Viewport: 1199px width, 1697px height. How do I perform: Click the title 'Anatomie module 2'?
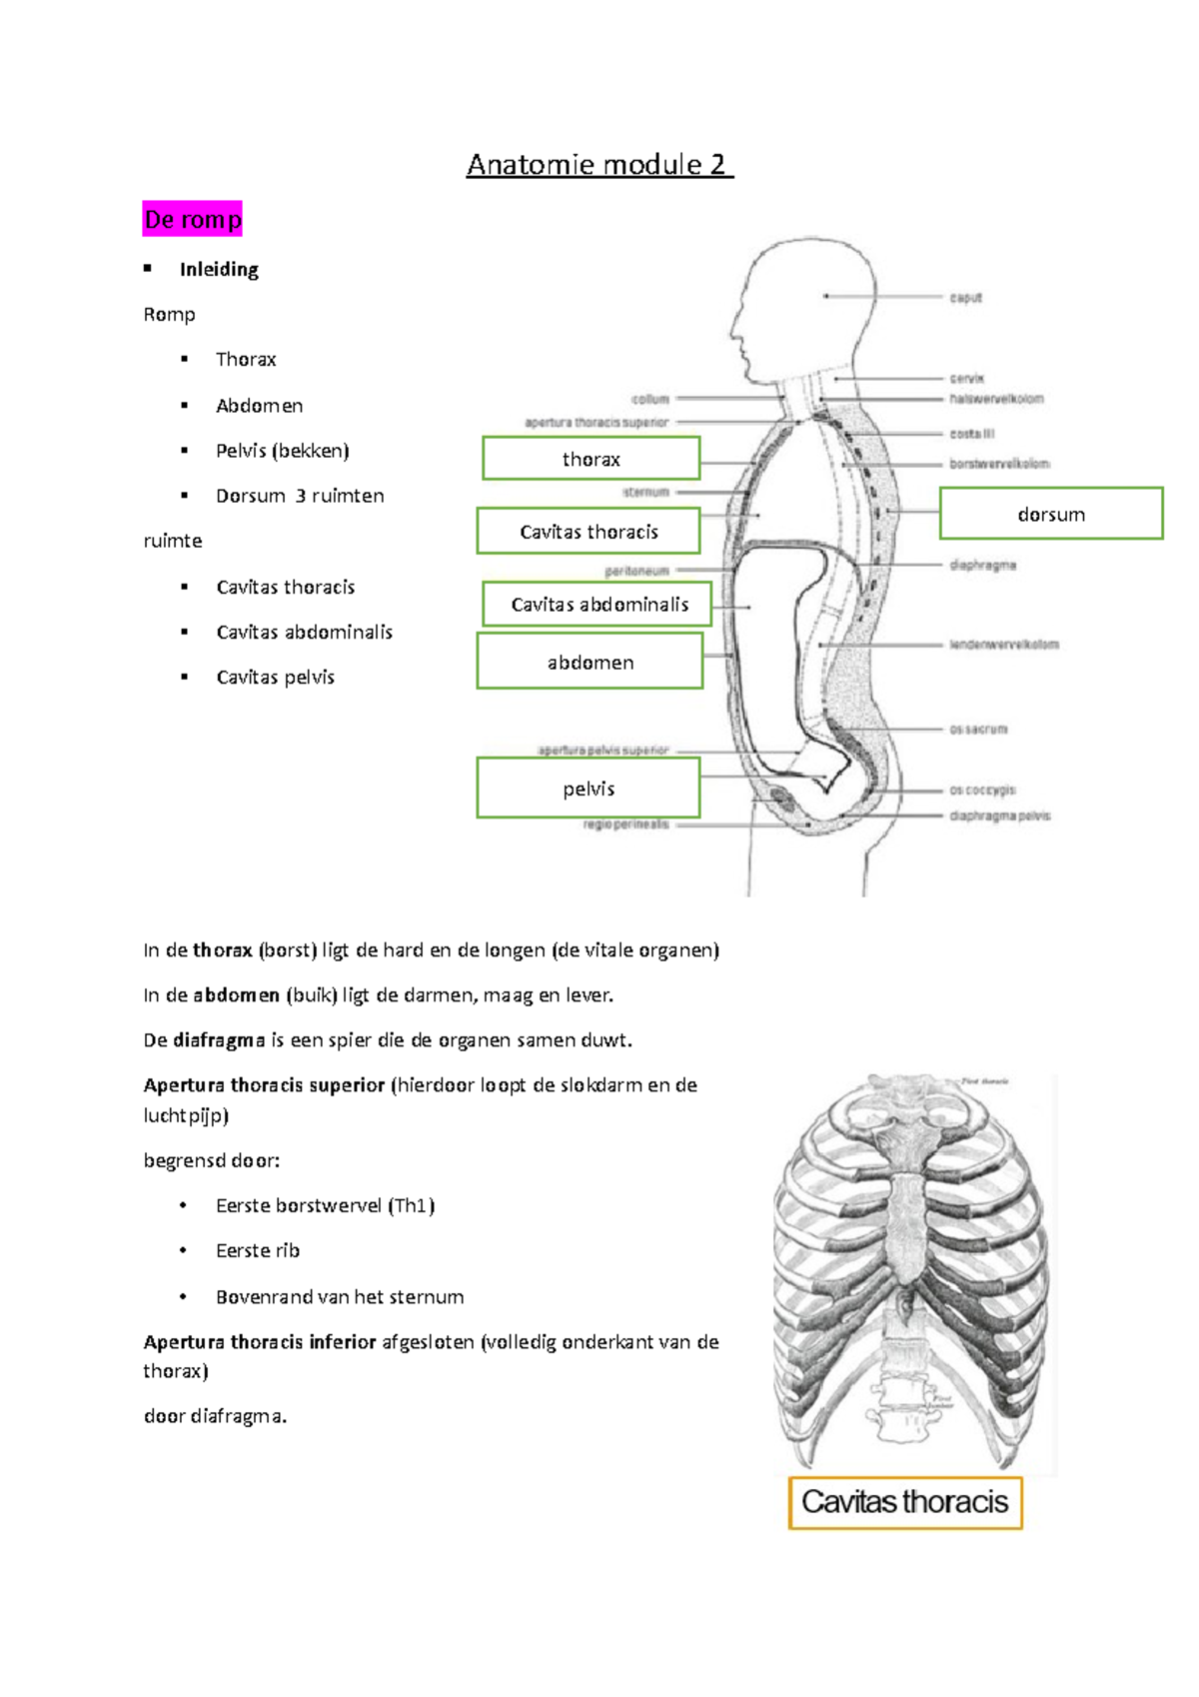pos(599,165)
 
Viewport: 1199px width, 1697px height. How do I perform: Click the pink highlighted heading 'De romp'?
pos(193,219)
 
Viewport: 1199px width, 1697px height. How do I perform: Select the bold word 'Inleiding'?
pos(219,270)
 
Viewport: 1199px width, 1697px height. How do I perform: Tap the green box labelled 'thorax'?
pos(591,459)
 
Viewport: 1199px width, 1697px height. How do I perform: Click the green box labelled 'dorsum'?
pos(1051,514)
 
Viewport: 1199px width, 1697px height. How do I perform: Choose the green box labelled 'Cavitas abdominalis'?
pos(598,604)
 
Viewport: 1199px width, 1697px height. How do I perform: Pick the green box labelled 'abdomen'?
pos(590,663)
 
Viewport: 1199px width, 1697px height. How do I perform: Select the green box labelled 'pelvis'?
pos(588,789)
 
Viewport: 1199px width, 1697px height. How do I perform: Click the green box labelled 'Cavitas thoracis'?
pos(588,532)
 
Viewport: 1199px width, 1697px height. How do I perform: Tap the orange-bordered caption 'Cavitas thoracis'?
pos(905,1502)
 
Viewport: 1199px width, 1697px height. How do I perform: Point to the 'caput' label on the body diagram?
pos(966,298)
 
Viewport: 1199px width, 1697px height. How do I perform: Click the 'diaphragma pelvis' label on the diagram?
pos(999,816)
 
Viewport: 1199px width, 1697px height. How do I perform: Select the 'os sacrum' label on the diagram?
pos(978,730)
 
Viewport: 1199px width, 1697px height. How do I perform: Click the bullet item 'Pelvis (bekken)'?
pos(282,451)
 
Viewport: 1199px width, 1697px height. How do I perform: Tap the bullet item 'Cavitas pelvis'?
pos(275,678)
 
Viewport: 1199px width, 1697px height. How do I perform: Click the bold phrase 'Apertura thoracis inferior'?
pos(260,1342)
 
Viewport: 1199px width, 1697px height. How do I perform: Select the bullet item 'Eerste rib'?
pos(257,1251)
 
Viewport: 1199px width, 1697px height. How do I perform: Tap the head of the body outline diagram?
pos(804,300)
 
